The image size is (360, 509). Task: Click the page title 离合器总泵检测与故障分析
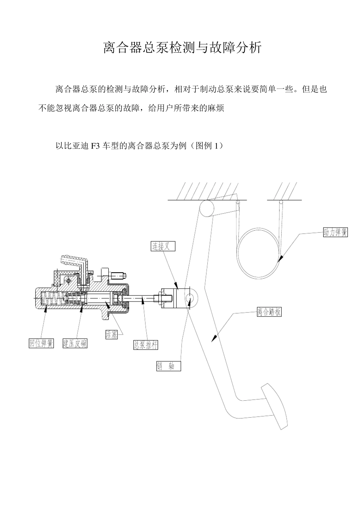click(182, 48)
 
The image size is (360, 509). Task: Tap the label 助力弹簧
click(335, 232)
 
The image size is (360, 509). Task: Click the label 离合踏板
click(269, 312)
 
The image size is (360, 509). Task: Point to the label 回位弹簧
click(42, 343)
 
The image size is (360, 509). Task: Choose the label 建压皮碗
click(75, 343)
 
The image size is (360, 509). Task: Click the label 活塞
click(111, 334)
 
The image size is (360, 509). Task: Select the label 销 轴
click(169, 366)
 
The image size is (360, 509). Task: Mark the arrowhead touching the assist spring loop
click(280, 259)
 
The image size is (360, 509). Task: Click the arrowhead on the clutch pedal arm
click(214, 338)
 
